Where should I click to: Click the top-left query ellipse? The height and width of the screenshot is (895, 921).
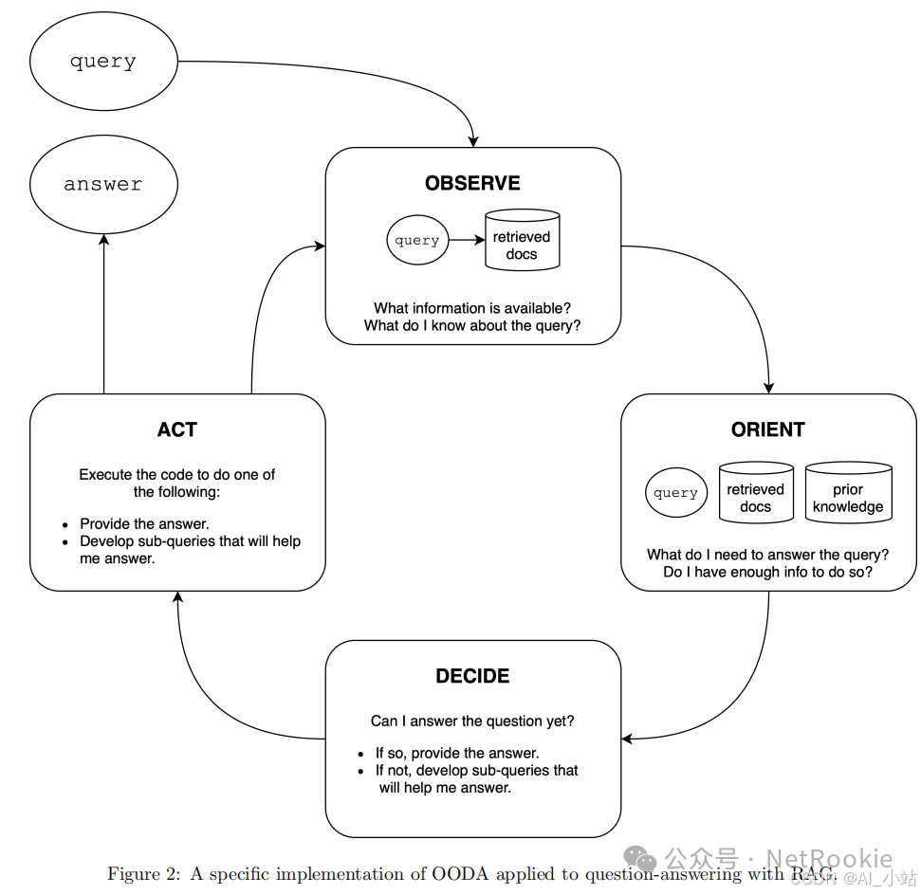(103, 63)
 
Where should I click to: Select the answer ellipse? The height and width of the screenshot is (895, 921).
(103, 184)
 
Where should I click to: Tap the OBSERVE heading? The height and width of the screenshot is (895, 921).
(472, 183)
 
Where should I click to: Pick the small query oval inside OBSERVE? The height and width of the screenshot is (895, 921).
(417, 240)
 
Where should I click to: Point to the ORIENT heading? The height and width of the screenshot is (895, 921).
(767, 429)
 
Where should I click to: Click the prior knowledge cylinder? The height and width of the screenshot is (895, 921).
(848, 493)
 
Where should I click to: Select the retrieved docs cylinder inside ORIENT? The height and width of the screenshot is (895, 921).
(755, 493)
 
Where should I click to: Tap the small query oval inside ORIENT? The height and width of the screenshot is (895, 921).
(676, 493)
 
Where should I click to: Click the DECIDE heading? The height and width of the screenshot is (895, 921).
(472, 676)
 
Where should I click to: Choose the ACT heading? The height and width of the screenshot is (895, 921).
(177, 429)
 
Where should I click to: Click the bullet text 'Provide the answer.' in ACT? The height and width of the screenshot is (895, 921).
(144, 523)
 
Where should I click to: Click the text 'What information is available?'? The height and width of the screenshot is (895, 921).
(472, 308)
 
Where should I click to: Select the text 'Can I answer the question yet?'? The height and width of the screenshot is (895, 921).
(472, 721)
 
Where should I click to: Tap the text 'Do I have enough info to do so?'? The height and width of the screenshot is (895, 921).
(767, 572)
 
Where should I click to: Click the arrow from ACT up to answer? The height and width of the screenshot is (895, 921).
(103, 313)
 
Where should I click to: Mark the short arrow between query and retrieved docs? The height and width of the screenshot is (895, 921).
(467, 240)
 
